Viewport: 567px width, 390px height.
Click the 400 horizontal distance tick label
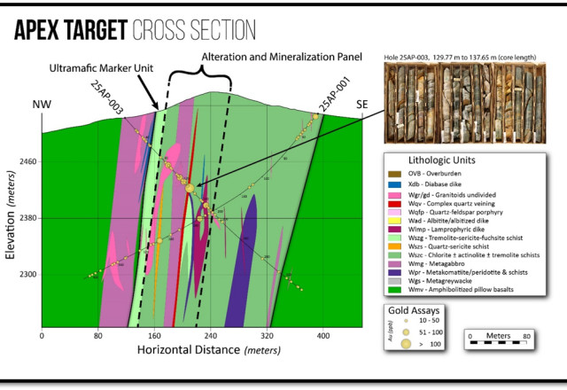[x=322, y=337]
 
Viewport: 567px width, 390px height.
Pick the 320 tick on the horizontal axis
[x=267, y=337]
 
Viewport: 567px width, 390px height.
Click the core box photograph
[x=462, y=99]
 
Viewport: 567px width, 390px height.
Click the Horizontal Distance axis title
[x=204, y=351]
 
